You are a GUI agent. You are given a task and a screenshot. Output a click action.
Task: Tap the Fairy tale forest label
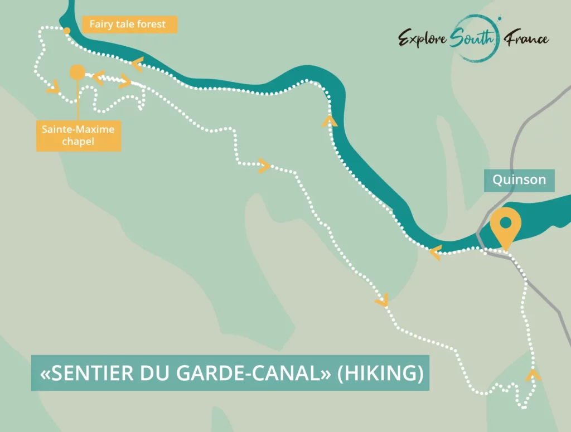[x=128, y=25]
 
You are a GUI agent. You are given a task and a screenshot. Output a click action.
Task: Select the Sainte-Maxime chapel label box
[x=78, y=135]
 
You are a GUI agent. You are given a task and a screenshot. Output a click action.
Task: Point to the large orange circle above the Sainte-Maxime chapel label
[x=77, y=72]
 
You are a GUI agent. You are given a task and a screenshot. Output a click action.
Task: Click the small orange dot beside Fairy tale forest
[x=66, y=31]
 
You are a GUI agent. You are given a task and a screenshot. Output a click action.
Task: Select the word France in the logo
[x=526, y=39]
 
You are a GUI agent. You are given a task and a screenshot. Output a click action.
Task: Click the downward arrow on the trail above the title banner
[x=382, y=301]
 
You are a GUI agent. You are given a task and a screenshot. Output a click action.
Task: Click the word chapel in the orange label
[x=78, y=142]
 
